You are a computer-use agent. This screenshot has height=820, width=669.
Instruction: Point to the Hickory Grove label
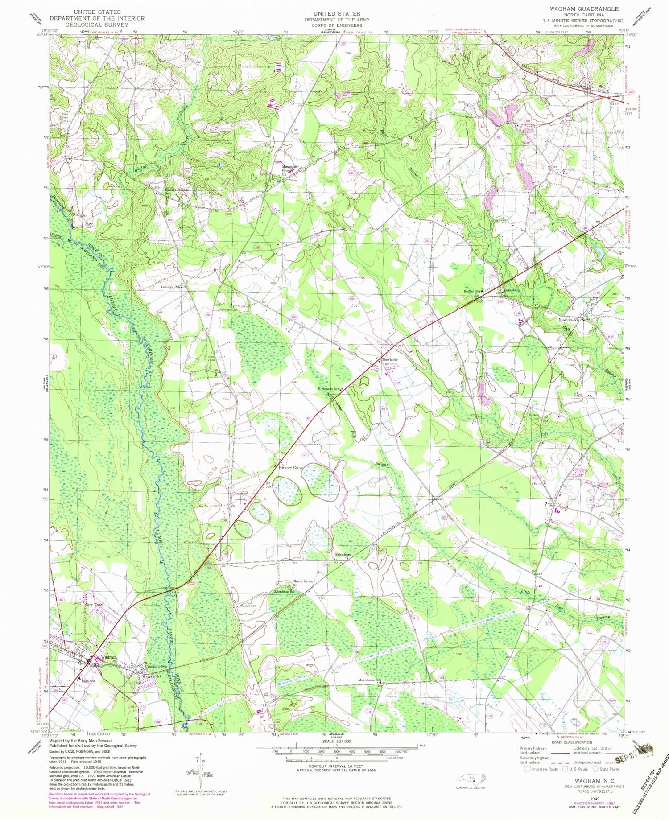(291, 468)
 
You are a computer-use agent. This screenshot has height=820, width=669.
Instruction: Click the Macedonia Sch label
(369, 680)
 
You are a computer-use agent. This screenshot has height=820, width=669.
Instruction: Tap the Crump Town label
(156, 666)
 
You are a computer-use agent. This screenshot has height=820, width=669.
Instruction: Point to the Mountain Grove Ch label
(288, 171)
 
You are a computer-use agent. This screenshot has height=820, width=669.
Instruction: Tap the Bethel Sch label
(473, 291)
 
